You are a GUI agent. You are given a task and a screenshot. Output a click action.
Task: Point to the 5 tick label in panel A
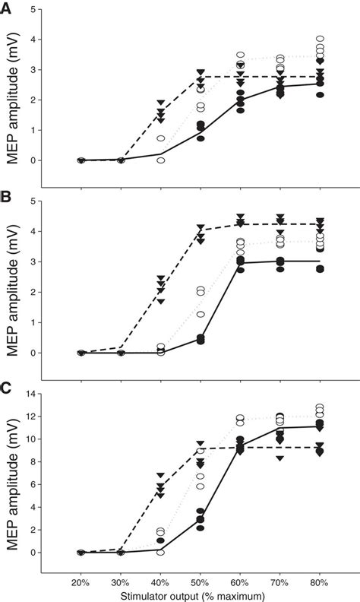pyautogui.click(x=33, y=9)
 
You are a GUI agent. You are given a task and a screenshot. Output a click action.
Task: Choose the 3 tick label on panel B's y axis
pyautogui.click(x=33, y=261)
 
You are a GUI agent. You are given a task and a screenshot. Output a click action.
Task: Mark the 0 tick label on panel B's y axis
pyautogui.click(x=33, y=353)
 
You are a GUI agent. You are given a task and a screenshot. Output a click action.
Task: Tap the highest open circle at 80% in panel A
pyautogui.click(x=320, y=38)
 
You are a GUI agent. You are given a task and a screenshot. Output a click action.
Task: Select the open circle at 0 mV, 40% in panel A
pyautogui.click(x=161, y=160)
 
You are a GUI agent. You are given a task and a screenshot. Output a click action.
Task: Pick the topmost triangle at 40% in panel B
pyautogui.click(x=161, y=278)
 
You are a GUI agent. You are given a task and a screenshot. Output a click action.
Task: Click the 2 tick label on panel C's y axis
pyautogui.click(x=33, y=530)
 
